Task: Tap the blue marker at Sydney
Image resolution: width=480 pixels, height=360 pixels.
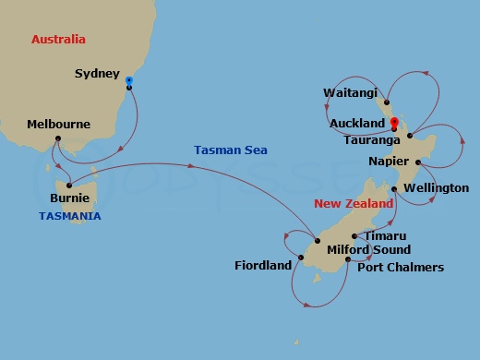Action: [128, 81]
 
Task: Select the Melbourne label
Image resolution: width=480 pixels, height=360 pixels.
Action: [58, 124]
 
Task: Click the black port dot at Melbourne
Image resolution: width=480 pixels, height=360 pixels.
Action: [57, 139]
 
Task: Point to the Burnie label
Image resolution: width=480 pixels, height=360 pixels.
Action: [70, 197]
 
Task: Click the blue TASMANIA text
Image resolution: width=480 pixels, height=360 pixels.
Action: [69, 216]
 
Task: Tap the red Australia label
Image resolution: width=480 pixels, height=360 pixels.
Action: [58, 40]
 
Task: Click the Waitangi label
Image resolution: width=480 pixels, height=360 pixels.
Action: [350, 92]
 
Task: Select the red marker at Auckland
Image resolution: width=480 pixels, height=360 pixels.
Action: [394, 121]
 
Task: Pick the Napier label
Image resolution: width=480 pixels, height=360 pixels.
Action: [388, 160]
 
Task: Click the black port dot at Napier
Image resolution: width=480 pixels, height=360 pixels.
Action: [418, 162]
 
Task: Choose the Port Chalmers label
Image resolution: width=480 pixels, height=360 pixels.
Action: [401, 268]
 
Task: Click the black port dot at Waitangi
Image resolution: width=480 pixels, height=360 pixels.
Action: [386, 102]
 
